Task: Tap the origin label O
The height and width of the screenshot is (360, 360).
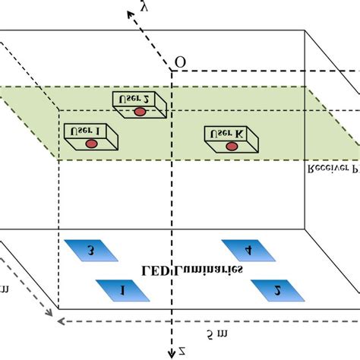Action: coord(180,62)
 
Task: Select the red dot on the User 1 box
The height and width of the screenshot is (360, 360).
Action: coord(91,143)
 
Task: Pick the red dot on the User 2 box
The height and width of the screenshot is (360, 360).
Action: coord(140,112)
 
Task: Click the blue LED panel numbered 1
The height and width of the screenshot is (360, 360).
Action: coord(116,289)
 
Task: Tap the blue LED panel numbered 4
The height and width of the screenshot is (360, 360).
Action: coord(248,249)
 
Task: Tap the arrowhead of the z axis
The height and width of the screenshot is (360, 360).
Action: coord(172,354)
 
